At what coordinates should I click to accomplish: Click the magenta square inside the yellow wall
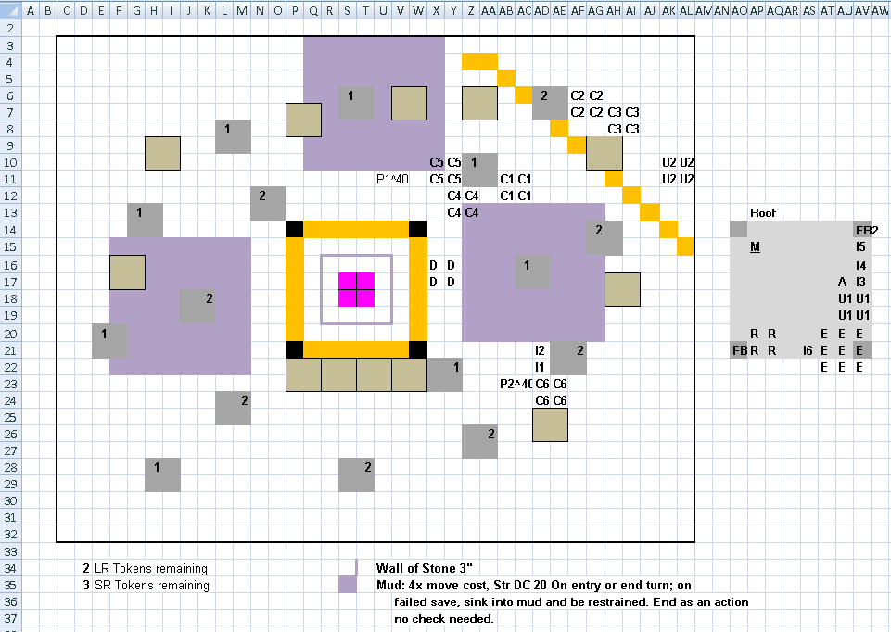[356, 290]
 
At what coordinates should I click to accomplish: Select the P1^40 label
[392, 180]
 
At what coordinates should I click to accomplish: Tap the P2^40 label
[516, 384]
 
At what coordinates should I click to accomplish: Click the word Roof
[762, 213]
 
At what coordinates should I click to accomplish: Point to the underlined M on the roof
[755, 247]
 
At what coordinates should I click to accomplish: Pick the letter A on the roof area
[842, 283]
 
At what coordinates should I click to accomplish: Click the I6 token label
[808, 351]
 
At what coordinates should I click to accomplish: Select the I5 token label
[861, 247]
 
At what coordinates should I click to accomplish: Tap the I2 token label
[540, 351]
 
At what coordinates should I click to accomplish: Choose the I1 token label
[540, 367]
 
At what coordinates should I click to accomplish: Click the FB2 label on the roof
[867, 231]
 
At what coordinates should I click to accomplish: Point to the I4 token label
[861, 266]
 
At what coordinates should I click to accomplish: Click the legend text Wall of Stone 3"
[424, 568]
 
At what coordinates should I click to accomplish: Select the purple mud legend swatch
[347, 585]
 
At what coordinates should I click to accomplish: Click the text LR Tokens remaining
[151, 568]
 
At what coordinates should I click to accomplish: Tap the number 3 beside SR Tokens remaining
[86, 586]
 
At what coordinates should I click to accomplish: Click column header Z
[470, 11]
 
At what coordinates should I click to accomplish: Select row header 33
[10, 551]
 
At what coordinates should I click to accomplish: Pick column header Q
[313, 11]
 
